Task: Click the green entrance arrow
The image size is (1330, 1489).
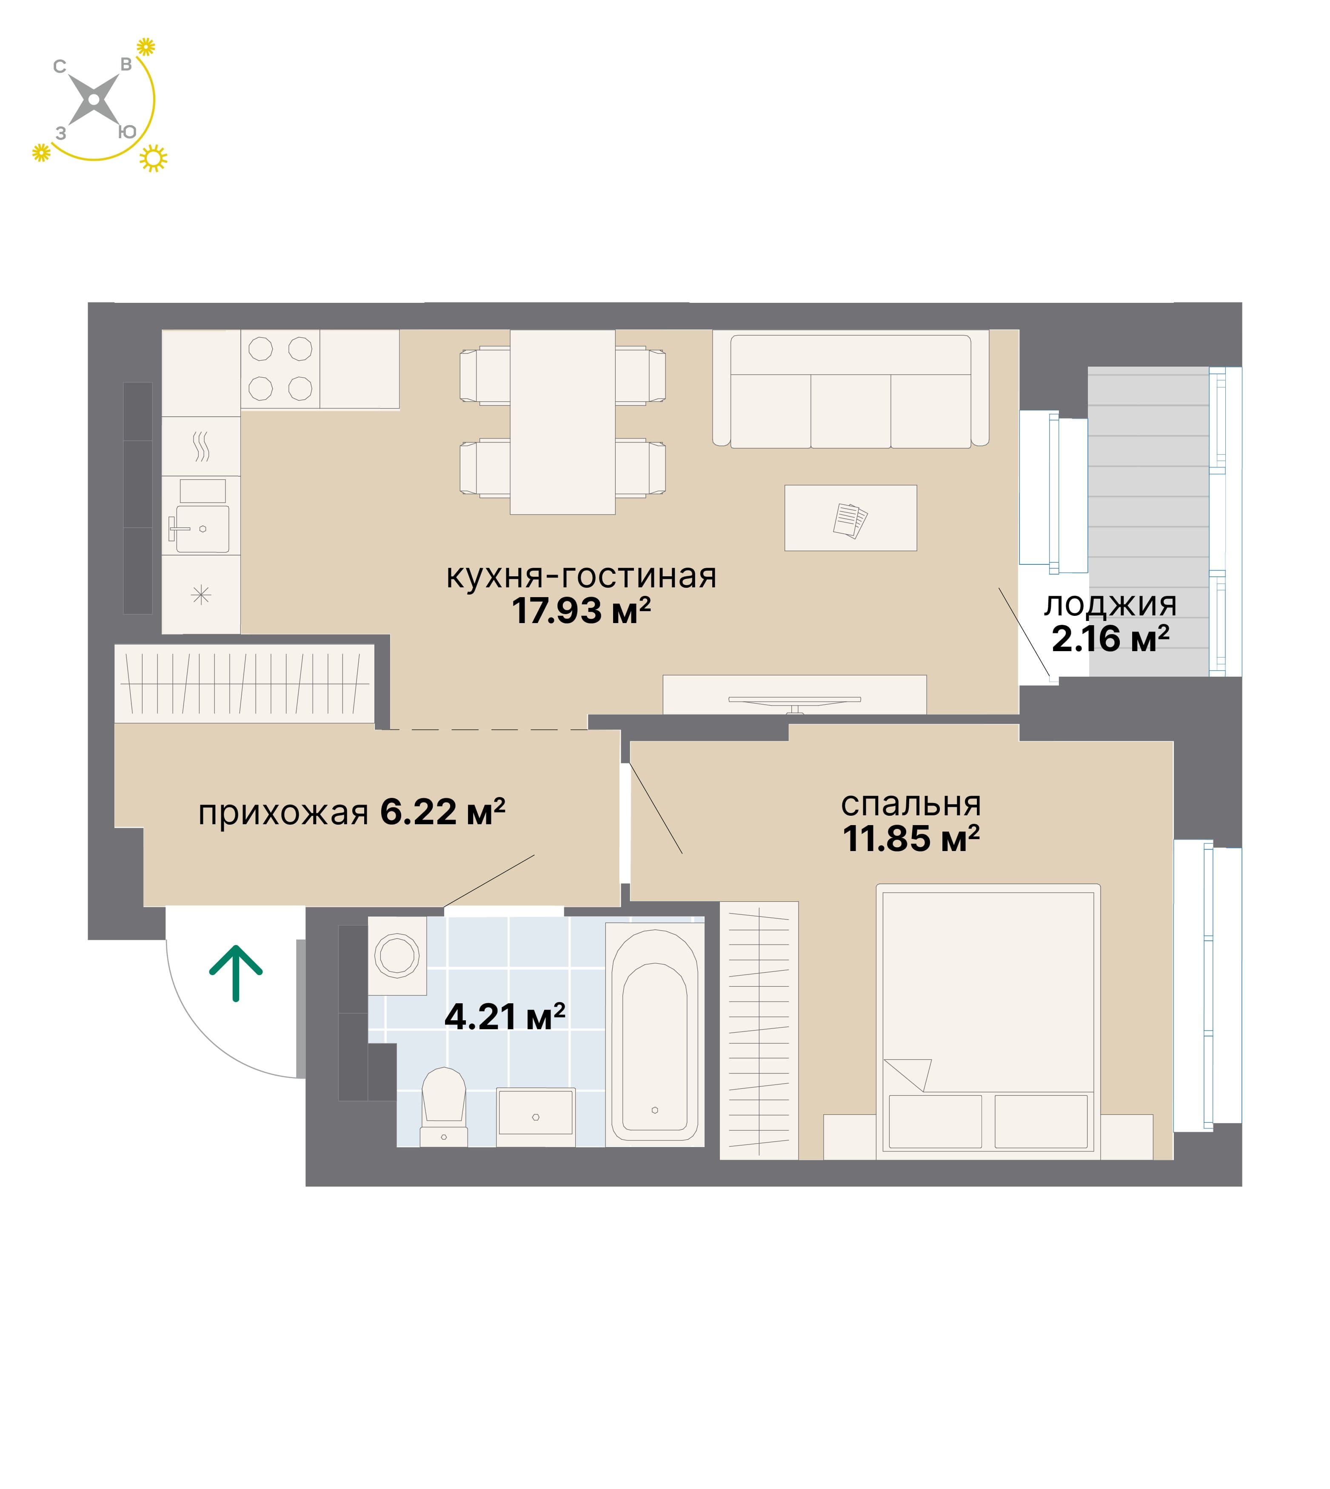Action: (236, 972)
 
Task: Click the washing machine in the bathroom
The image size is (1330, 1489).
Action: (397, 956)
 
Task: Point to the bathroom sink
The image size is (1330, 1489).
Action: (536, 1117)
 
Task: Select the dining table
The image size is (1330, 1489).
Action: (563, 422)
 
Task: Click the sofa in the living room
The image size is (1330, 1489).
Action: (851, 390)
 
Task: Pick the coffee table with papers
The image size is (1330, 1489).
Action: (851, 518)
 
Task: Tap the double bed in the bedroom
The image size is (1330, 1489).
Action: (988, 1022)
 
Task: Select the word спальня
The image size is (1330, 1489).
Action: (910, 805)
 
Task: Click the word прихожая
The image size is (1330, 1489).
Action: (283, 813)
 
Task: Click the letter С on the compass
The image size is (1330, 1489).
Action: (60, 66)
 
